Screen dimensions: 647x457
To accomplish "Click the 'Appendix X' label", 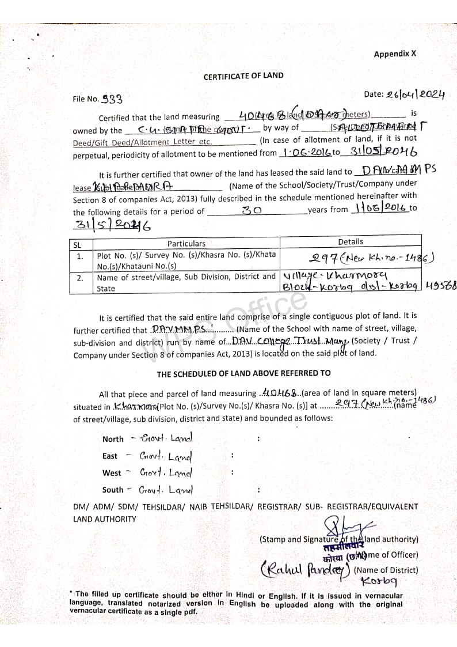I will [394, 54].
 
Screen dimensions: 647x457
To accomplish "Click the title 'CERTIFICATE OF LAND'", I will [243, 76].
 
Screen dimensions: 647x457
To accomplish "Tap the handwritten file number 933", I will [112, 99].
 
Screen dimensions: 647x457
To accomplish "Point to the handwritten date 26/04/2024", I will [416, 95].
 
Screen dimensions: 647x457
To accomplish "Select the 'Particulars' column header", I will [186, 244].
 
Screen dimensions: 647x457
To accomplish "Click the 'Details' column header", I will [351, 242].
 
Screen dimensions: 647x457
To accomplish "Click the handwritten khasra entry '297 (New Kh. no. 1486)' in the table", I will [369, 259].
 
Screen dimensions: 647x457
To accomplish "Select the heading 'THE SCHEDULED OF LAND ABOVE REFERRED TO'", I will [243, 374].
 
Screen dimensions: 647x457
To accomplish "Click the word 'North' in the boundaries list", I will [113, 439].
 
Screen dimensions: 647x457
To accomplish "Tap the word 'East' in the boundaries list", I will [110, 456].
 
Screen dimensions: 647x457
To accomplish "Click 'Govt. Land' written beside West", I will [166, 473].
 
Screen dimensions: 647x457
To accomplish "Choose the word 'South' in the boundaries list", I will [113, 490].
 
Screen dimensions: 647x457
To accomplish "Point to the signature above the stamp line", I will [346, 526].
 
